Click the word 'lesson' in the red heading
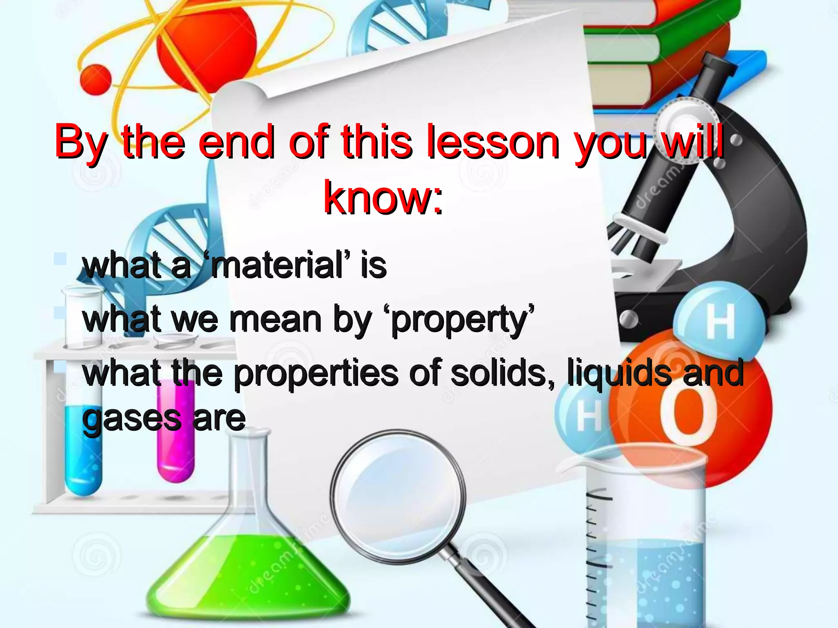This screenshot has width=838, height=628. point(492,142)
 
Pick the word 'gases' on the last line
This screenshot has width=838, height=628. point(131,419)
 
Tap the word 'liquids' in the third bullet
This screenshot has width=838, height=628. point(619,373)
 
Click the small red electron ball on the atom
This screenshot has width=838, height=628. point(96,78)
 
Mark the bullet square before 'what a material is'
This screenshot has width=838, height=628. point(60,258)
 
